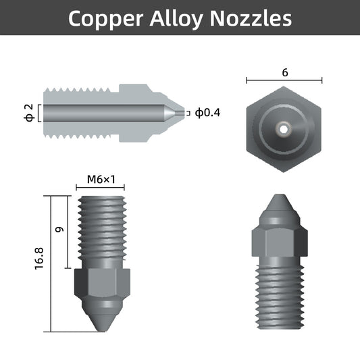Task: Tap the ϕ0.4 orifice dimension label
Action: tap(207, 113)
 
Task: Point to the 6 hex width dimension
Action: tap(285, 72)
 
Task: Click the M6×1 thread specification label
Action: tap(102, 180)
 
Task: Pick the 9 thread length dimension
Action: tap(59, 230)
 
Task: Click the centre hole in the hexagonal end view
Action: tap(284, 126)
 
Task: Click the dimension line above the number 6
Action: tap(284, 81)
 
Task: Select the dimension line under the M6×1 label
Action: tap(101, 188)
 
